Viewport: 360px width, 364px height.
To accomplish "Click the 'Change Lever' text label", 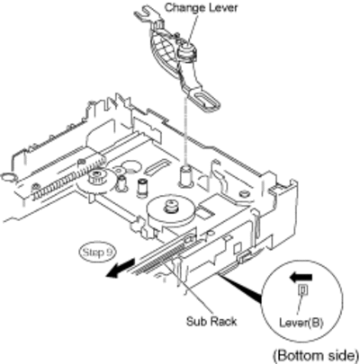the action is tap(201, 7).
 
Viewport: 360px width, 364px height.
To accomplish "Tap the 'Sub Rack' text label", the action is tap(211, 322).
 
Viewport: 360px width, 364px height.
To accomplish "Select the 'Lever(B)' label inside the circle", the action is tap(301, 323).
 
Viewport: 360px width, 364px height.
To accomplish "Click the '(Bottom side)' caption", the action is tap(316, 356).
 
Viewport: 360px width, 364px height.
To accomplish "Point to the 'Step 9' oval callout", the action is tap(98, 253).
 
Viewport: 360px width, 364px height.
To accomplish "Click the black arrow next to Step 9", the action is tap(120, 268).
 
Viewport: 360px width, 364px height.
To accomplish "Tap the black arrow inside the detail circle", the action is tap(301, 277).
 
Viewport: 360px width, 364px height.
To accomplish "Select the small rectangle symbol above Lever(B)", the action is tap(302, 289).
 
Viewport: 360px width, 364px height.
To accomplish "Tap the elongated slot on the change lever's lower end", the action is tap(207, 100).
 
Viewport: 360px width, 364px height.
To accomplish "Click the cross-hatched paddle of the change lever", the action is tap(164, 53).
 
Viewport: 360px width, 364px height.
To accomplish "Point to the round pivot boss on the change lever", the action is tap(187, 51).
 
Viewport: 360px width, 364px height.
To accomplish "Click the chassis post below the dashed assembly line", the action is tap(185, 175).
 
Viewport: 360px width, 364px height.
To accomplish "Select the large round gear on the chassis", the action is tap(170, 213).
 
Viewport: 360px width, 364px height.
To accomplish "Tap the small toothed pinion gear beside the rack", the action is tap(96, 177).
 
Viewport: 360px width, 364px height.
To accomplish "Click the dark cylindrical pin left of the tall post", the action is tap(141, 188).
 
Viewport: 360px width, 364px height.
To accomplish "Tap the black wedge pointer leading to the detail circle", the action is tap(240, 287).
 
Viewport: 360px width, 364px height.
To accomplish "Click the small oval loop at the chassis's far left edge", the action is tap(8, 176).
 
